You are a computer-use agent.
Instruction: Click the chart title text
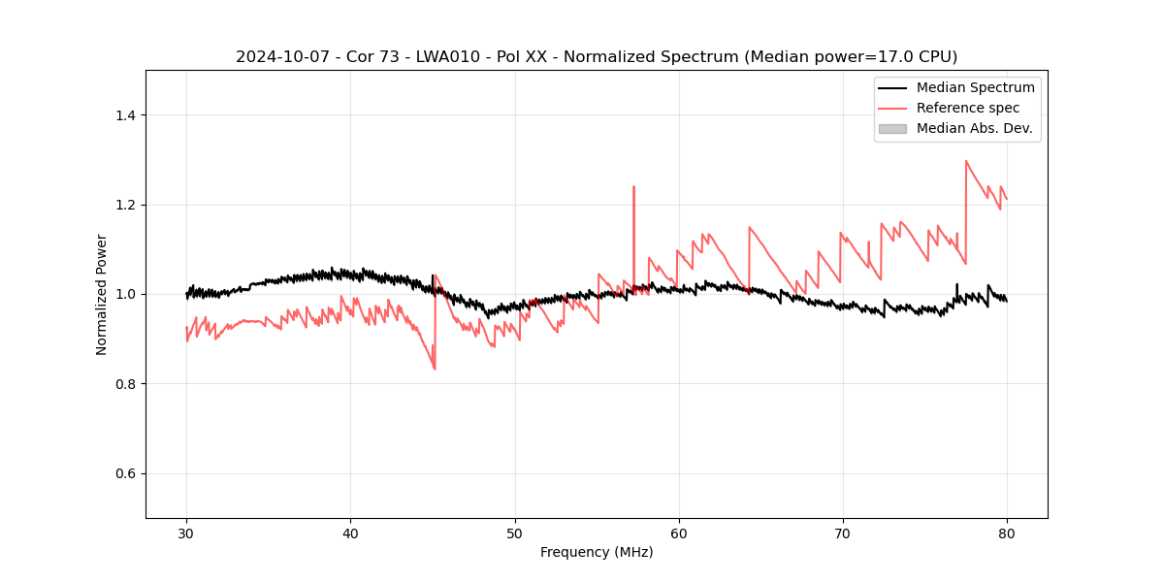(x=597, y=56)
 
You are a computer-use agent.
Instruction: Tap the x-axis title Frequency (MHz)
(x=597, y=552)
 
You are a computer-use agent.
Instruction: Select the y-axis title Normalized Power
(x=102, y=294)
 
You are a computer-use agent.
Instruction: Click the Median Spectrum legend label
(x=976, y=87)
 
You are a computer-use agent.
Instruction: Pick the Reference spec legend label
(x=968, y=108)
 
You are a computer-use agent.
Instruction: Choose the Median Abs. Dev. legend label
(x=975, y=128)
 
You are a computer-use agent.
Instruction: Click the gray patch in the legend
(x=892, y=128)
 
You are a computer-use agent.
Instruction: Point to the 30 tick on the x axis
(x=186, y=533)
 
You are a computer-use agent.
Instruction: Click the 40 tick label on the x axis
(x=350, y=533)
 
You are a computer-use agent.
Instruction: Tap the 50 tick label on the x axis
(x=514, y=533)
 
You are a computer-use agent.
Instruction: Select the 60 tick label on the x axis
(x=678, y=533)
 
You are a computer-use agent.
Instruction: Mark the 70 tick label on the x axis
(x=842, y=533)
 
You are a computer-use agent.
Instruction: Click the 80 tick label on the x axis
(x=1006, y=533)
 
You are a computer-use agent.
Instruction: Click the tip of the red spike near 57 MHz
(x=633, y=186)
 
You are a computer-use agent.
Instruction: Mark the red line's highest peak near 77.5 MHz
(x=966, y=161)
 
